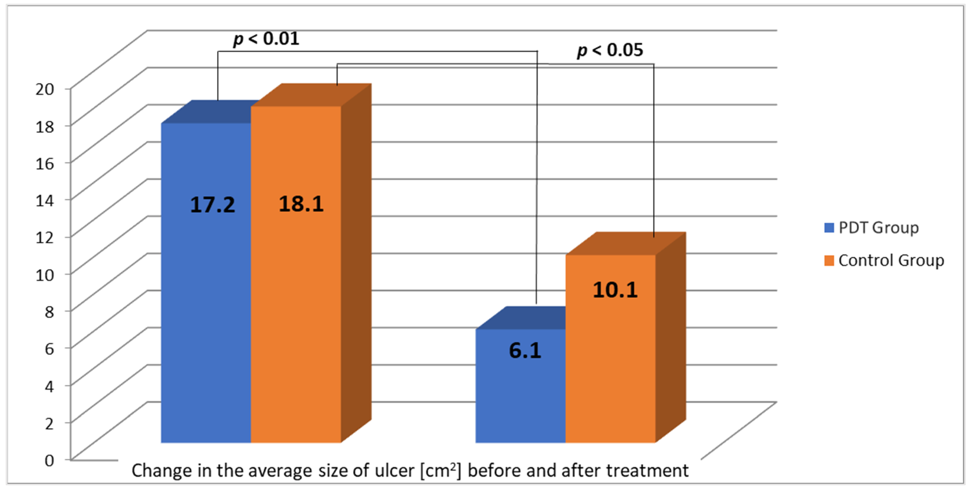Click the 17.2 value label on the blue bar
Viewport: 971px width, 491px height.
(212, 205)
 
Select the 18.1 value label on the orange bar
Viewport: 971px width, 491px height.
(301, 204)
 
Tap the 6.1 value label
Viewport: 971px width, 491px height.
(525, 350)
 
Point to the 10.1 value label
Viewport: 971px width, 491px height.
(615, 290)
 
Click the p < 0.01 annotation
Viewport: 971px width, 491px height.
(266, 38)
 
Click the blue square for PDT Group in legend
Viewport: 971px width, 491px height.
(829, 228)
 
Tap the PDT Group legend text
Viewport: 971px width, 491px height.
(879, 228)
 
